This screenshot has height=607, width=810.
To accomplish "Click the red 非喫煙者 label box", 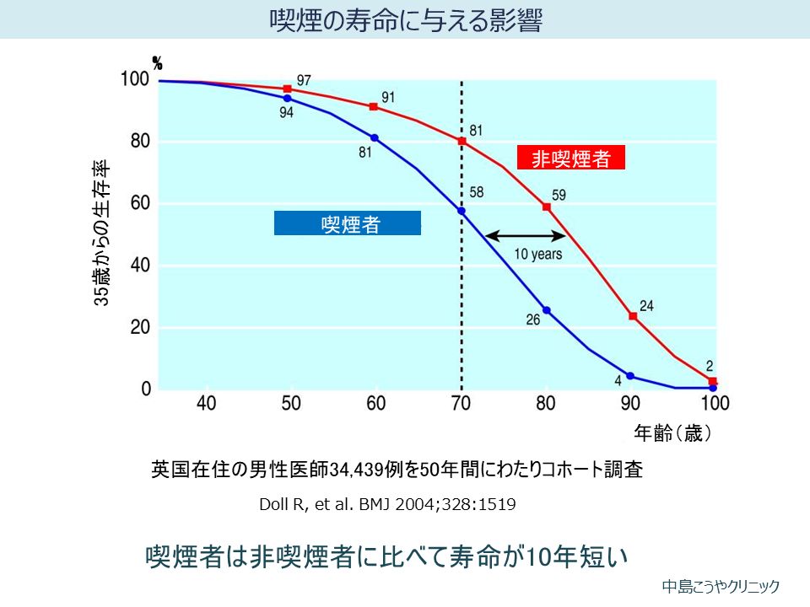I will (571, 158).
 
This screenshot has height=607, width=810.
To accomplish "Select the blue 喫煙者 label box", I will (348, 223).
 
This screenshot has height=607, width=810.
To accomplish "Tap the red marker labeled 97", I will (288, 89).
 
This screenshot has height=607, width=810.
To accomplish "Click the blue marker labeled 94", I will (288, 99).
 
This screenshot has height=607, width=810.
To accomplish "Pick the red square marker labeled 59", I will (547, 207).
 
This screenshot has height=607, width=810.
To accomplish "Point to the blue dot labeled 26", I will (547, 310).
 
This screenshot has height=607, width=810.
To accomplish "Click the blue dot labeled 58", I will (462, 211).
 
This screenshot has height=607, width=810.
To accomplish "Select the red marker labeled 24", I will (633, 316).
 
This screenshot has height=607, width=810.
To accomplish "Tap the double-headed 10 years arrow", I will (525, 235).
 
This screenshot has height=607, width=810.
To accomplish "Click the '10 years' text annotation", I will (537, 254).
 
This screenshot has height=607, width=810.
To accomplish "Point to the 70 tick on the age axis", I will (461, 403).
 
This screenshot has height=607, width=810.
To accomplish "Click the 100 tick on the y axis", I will (135, 79).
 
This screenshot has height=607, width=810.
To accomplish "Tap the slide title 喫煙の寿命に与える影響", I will (405, 20).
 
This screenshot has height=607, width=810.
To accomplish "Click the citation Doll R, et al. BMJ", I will (387, 505).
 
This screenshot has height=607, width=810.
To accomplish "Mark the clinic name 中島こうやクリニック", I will (721, 587).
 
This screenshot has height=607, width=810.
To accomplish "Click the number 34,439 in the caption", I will (359, 470).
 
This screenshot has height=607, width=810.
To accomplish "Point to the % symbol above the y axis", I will (157, 62).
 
